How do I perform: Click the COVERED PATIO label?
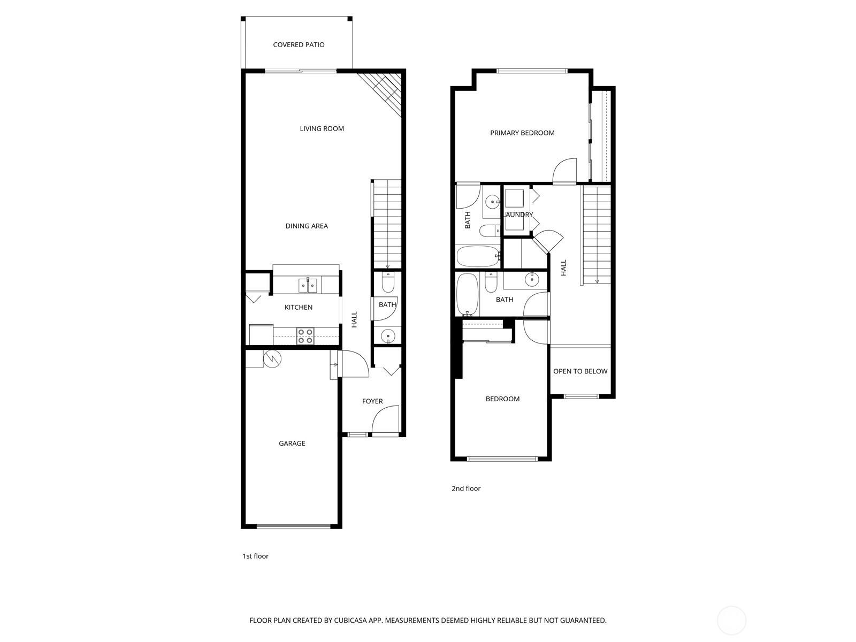(299, 45)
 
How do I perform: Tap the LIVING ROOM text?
(322, 128)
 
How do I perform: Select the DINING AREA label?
(307, 226)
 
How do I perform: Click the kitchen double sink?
(308, 286)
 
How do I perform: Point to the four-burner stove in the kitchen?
(305, 336)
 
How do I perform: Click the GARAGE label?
(292, 443)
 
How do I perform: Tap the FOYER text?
(372, 401)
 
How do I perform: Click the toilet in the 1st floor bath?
(388, 282)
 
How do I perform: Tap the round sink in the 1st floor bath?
(388, 336)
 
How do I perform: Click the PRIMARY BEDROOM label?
(522, 133)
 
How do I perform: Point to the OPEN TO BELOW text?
(580, 371)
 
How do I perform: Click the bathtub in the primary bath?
(478, 256)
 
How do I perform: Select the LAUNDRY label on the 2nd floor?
(519, 215)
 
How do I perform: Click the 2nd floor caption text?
(466, 488)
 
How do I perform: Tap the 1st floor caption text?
(255, 556)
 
